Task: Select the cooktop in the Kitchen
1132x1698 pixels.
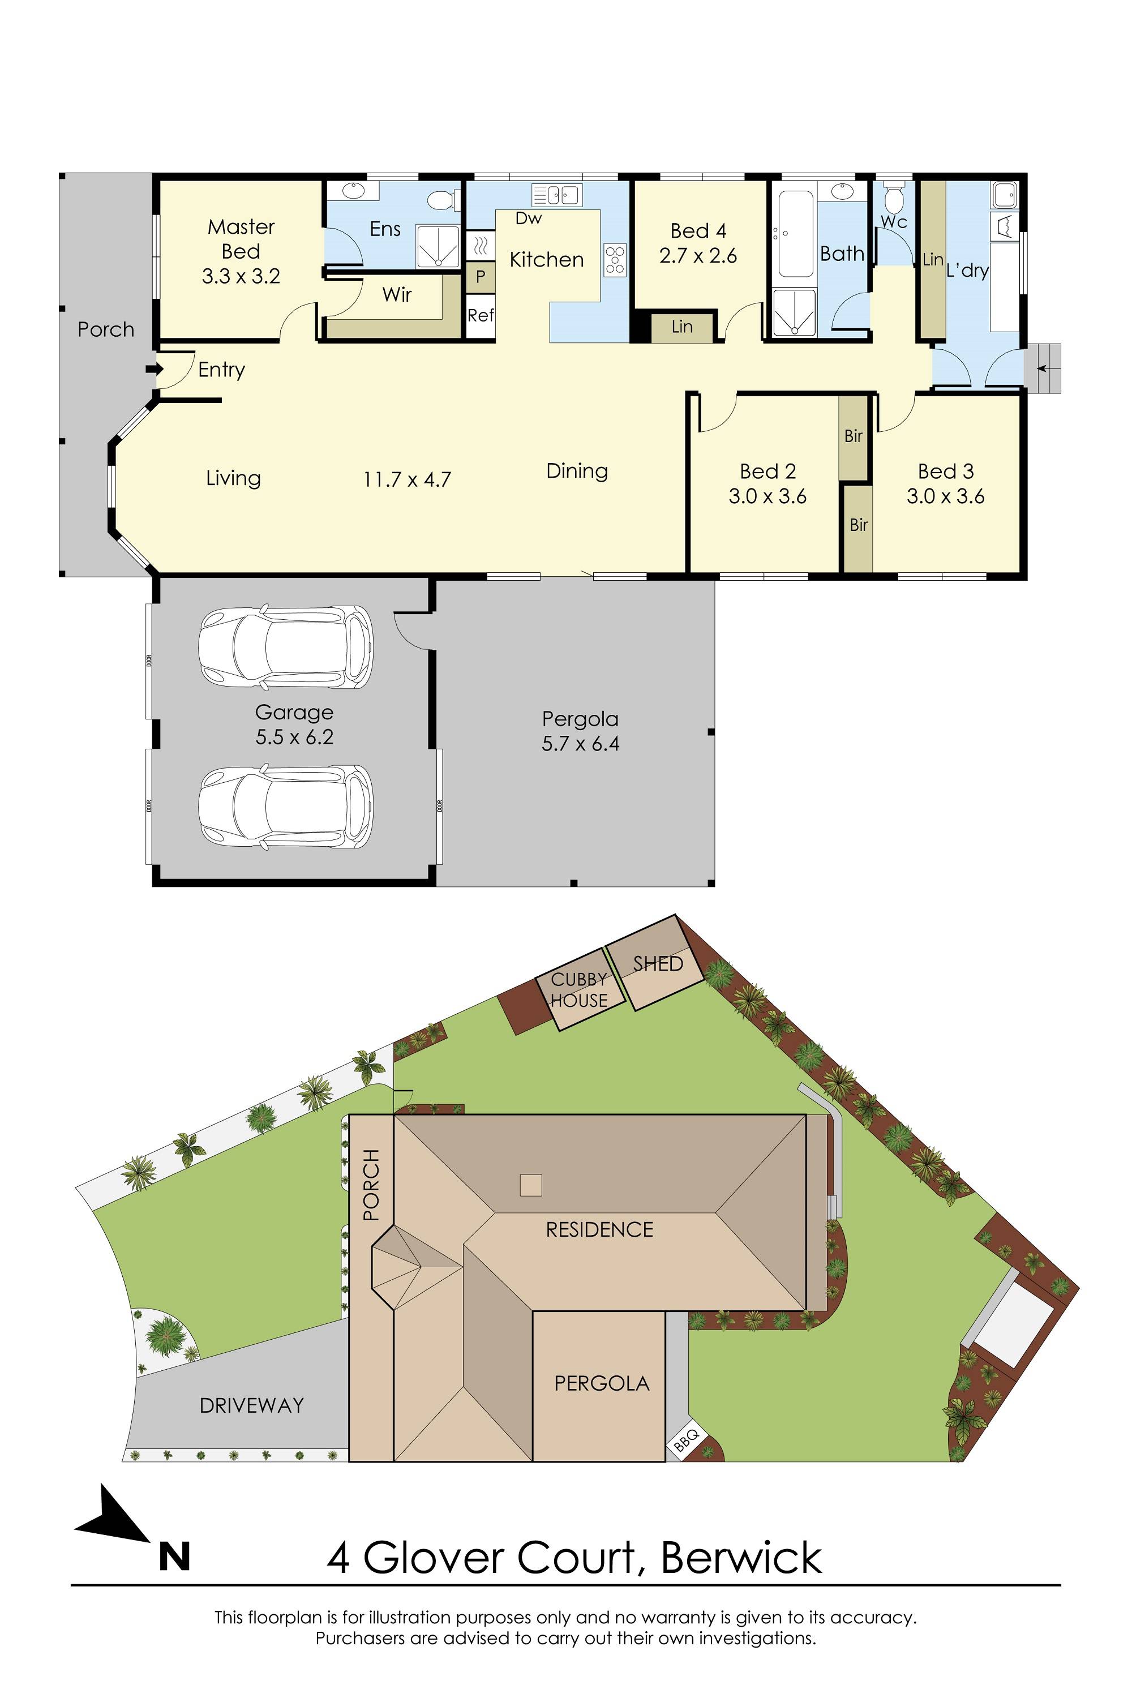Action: [615, 260]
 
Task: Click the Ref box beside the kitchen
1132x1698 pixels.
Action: [480, 315]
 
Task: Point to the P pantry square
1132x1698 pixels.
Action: [480, 277]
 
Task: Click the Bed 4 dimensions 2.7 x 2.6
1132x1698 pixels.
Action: [697, 256]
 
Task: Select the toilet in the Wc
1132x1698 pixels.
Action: [894, 195]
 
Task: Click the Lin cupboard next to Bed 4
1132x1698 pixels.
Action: [681, 327]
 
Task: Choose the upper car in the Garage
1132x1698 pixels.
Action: [286, 647]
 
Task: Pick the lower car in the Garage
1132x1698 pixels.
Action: [286, 807]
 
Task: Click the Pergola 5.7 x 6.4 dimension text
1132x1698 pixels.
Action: [581, 744]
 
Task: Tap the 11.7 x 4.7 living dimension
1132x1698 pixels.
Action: [406, 480]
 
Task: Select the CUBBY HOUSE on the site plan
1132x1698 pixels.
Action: [579, 990]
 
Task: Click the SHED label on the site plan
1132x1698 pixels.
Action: [657, 964]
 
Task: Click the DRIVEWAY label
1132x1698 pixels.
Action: [251, 1405]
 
